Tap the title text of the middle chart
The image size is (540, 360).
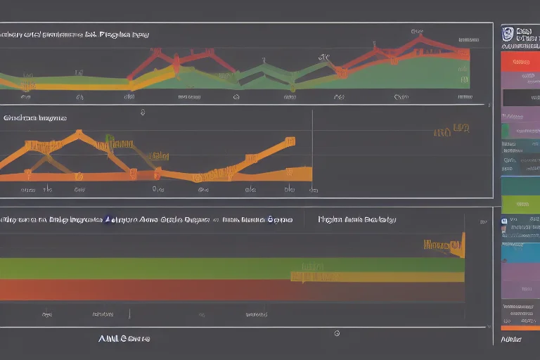(x=35, y=118)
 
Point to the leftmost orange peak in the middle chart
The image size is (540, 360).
(x=78, y=132)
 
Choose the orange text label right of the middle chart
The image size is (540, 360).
(x=451, y=129)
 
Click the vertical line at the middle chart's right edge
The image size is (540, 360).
(x=311, y=151)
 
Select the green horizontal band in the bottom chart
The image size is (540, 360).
(x=211, y=268)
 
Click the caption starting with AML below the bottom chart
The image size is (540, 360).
(x=124, y=338)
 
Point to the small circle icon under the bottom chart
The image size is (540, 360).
(x=337, y=333)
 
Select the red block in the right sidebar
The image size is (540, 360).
(x=520, y=62)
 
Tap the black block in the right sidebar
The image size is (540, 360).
(x=520, y=97)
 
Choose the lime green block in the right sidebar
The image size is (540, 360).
(x=520, y=205)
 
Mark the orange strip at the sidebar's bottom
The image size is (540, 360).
(x=520, y=327)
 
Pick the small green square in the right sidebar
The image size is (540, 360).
(x=505, y=131)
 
